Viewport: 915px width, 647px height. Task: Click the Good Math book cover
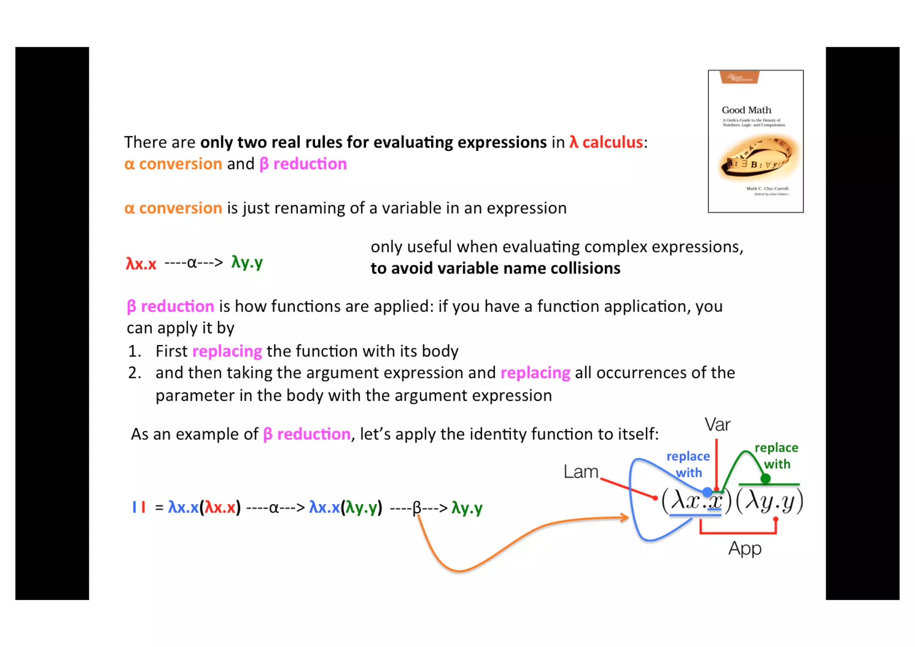pos(756,141)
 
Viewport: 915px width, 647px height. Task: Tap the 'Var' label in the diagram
pos(717,424)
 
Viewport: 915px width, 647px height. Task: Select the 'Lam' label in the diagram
pos(580,472)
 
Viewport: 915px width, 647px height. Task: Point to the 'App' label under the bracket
pos(745,548)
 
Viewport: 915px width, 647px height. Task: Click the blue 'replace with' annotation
pos(688,464)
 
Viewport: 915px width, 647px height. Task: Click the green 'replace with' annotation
pos(776,456)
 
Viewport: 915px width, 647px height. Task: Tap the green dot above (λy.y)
pos(765,479)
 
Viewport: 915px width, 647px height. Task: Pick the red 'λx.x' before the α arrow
pos(141,264)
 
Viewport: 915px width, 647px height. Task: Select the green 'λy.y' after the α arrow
pos(247,262)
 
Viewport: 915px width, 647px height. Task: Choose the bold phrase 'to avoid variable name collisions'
pos(495,268)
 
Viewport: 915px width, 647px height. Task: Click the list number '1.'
pos(134,351)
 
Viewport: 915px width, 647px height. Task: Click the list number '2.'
pos(134,373)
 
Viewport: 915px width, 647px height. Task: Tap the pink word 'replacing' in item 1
pos(227,351)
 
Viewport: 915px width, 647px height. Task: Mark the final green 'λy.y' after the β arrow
pos(467,508)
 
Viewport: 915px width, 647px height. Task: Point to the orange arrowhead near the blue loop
pos(625,518)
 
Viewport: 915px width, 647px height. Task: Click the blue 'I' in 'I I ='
pos(134,507)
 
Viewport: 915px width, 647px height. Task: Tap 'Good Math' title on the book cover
pos(746,110)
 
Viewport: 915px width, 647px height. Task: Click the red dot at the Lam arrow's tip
pos(655,498)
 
